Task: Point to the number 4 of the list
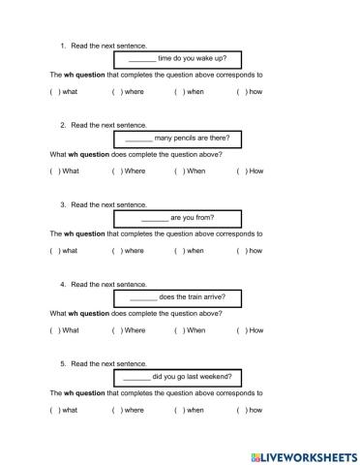[63, 285]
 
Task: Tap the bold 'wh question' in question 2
[87, 154]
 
